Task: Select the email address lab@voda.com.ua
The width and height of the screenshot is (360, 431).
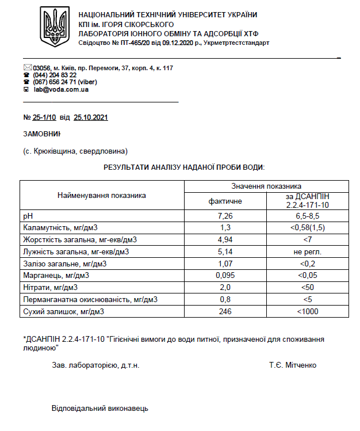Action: pyautogui.click(x=61, y=90)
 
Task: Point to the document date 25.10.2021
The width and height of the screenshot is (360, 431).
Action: pyautogui.click(x=91, y=117)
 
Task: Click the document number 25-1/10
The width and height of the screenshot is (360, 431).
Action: pyautogui.click(x=44, y=117)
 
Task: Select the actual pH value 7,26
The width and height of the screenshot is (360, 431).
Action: pyautogui.click(x=225, y=216)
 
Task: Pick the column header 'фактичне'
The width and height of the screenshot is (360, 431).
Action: pyautogui.click(x=225, y=201)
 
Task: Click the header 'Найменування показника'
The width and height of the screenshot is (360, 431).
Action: pyautogui.click(x=101, y=195)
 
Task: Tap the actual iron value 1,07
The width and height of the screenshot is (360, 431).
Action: pyautogui.click(x=225, y=264)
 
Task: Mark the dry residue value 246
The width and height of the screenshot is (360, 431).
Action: pyautogui.click(x=225, y=311)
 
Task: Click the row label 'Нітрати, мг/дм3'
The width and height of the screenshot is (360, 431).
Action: pyautogui.click(x=50, y=288)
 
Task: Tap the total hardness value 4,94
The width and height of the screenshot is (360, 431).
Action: pyautogui.click(x=225, y=239)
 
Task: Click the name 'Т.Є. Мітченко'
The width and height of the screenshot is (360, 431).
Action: pyautogui.click(x=292, y=365)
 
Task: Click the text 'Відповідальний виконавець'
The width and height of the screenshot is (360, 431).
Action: pyautogui.click(x=100, y=408)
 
